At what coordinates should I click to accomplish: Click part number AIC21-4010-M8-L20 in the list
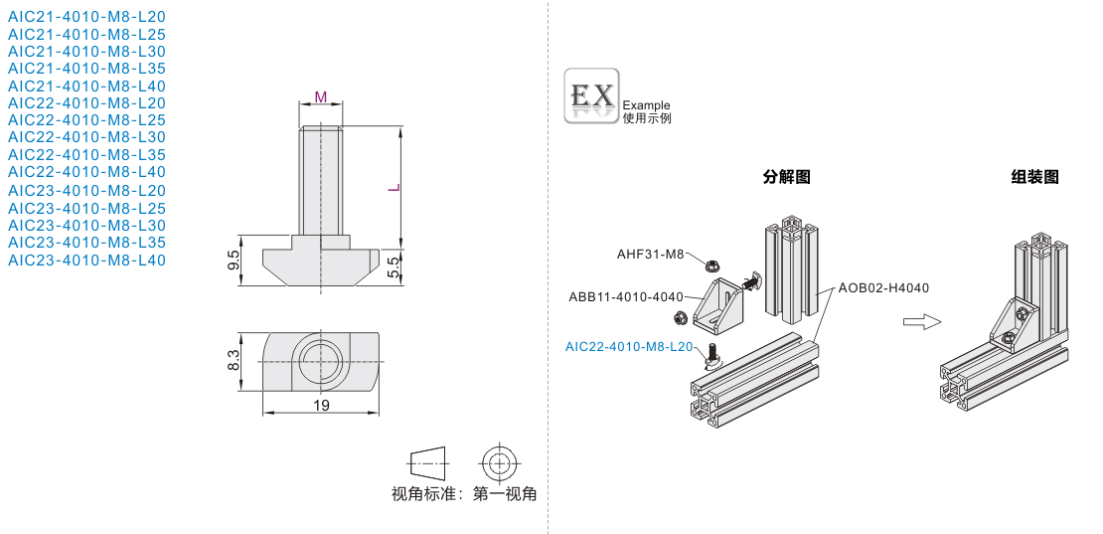pyautogui.click(x=86, y=17)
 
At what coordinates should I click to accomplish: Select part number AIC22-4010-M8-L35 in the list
pyautogui.click(x=86, y=154)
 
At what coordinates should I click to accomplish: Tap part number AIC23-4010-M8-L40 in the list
pyautogui.click(x=86, y=260)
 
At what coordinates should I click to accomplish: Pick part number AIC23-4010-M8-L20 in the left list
pyautogui.click(x=86, y=190)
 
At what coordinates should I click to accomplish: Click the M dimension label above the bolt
pyautogui.click(x=320, y=96)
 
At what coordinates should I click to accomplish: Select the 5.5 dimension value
pyautogui.click(x=394, y=266)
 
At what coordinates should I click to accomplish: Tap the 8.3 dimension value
pyautogui.click(x=234, y=360)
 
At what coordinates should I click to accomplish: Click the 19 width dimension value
pyautogui.click(x=321, y=405)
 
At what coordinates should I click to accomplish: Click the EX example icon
pyautogui.click(x=591, y=95)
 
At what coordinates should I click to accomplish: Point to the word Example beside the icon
pyautogui.click(x=646, y=104)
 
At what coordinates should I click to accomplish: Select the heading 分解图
pyautogui.click(x=786, y=177)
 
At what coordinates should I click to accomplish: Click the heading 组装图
pyautogui.click(x=1034, y=177)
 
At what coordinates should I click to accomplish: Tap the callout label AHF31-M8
pyautogui.click(x=650, y=254)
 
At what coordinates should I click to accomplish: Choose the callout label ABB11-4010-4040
pyautogui.click(x=626, y=296)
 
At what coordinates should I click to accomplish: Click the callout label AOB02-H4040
pyautogui.click(x=883, y=288)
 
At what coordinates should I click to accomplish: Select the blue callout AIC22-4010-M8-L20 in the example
pyautogui.click(x=628, y=346)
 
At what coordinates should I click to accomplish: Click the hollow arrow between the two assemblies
pyautogui.click(x=920, y=321)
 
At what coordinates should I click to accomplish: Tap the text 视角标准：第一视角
pyautogui.click(x=464, y=493)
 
